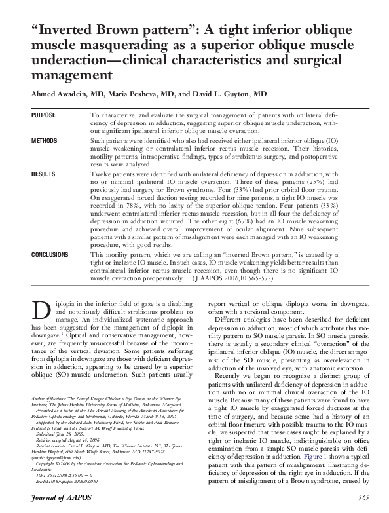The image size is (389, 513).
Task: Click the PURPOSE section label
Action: [44, 115]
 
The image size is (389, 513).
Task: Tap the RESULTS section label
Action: [43, 176]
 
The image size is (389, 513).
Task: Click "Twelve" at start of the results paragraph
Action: [103, 176]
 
